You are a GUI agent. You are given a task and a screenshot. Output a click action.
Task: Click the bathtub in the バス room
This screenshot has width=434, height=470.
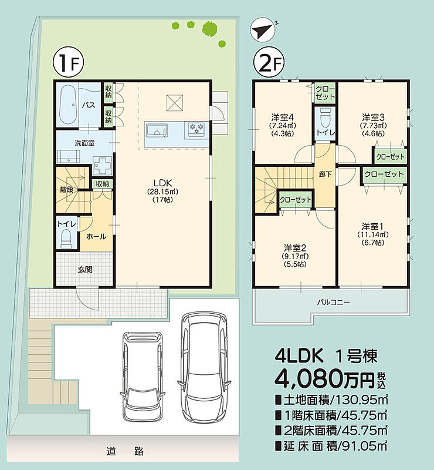(68, 105)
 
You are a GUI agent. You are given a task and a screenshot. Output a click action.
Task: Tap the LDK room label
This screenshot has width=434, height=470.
(162, 183)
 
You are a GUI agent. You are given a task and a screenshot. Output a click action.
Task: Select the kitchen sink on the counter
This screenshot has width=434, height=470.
(155, 130)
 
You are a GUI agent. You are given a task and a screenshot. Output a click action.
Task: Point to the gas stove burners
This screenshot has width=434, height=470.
(196, 129)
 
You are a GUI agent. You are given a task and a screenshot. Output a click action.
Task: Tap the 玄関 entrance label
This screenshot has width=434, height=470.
(85, 269)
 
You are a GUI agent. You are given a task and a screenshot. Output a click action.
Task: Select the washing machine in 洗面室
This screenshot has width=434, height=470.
(102, 165)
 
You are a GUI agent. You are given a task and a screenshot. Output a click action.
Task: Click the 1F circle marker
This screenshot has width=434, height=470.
(68, 63)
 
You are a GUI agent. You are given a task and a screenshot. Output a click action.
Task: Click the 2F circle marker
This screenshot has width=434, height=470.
(269, 63)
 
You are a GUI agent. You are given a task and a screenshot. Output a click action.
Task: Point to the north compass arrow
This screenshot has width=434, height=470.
(262, 31)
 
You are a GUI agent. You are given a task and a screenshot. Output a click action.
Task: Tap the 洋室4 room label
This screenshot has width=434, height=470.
(282, 116)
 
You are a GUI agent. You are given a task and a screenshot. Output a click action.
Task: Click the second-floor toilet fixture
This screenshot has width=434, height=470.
(325, 118)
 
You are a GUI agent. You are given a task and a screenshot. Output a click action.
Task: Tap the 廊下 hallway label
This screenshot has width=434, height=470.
(325, 174)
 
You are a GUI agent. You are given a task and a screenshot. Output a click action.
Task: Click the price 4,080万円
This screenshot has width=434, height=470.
(324, 379)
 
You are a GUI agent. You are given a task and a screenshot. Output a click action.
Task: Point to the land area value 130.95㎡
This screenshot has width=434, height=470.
(361, 399)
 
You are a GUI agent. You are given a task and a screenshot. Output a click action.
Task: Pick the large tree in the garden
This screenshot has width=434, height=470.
(209, 28)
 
